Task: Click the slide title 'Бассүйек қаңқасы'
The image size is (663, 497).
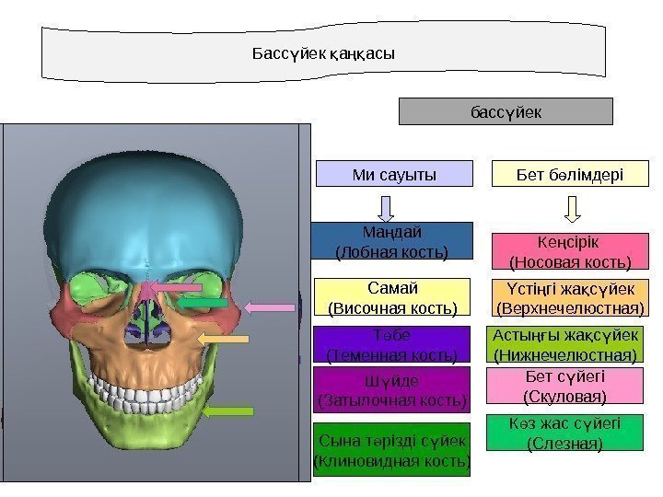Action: point(323,53)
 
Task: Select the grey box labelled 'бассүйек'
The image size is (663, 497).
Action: point(505,111)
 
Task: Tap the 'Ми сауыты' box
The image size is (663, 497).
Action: point(394,173)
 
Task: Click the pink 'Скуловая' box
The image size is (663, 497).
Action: point(564,387)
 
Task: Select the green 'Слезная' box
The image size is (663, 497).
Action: point(564,433)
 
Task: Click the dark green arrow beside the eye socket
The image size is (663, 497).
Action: point(204,302)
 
